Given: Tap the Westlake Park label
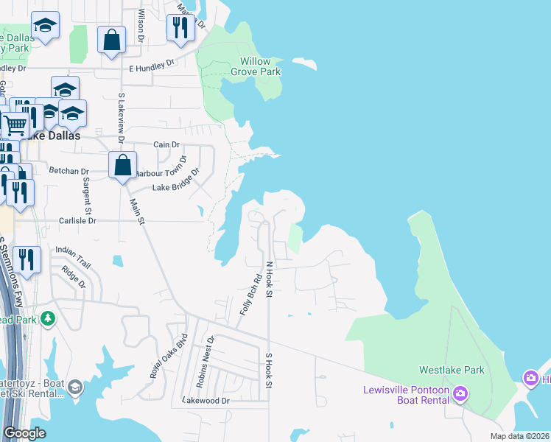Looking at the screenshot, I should (x=452, y=370).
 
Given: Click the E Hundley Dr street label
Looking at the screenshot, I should (x=151, y=67).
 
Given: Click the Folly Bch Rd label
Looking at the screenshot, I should (x=250, y=296).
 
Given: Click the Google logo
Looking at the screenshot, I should (x=24, y=433).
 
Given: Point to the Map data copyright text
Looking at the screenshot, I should (x=519, y=436).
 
